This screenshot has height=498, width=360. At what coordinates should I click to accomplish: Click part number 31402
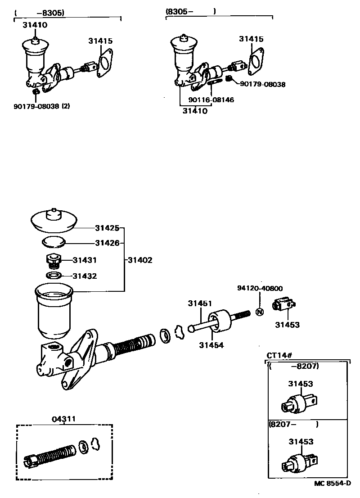coord(140,260)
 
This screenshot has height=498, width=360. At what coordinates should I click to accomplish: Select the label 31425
coord(107,228)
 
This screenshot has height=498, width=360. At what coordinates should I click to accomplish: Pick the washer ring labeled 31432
coord(54,275)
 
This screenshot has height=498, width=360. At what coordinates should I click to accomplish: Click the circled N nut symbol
coord(260,312)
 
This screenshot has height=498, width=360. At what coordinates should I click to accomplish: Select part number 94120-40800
coord(260,288)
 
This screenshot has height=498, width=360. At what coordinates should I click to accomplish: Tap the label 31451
coord(200,303)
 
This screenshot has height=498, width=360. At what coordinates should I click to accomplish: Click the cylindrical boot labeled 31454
coord(220,321)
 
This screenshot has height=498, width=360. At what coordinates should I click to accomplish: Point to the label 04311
coord(64,419)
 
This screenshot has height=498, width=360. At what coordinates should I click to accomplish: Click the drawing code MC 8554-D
coord(333,483)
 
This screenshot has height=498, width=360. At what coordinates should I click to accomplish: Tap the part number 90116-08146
coord(211,100)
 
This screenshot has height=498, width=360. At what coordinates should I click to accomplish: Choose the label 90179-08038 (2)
coord(41,106)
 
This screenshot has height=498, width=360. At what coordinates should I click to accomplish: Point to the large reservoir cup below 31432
coord(54,311)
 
